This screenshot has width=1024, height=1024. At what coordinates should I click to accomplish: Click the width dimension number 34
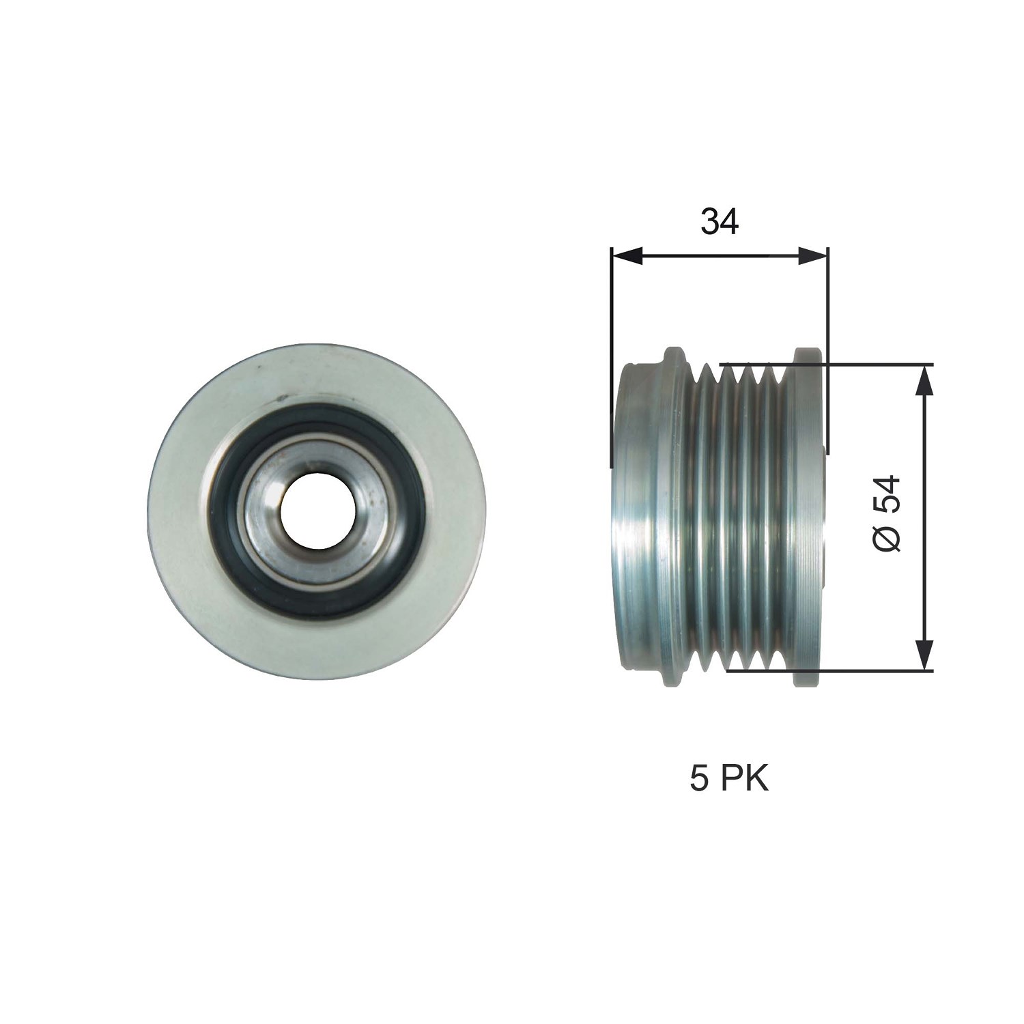tap(720, 223)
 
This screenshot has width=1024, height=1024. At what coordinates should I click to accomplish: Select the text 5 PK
tap(729, 780)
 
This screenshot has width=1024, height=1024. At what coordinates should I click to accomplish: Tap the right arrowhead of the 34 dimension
tap(812, 256)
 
